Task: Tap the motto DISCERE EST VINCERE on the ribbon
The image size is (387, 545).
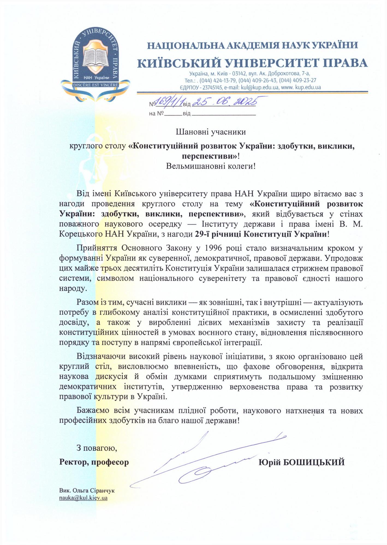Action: pyautogui.click(x=95, y=85)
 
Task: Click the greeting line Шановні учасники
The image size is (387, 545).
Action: pyautogui.click(x=211, y=132)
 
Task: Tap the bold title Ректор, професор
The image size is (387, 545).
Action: pyautogui.click(x=94, y=462)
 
